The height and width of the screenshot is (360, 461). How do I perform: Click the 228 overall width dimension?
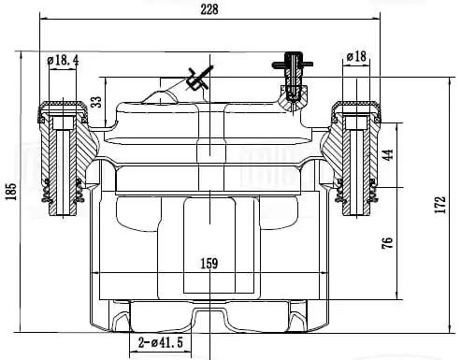coord(209,9)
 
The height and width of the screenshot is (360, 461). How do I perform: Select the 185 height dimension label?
coord(11,192)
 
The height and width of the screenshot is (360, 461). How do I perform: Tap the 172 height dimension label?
coord(440,205)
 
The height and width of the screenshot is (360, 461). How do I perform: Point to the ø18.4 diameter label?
coord(63,60)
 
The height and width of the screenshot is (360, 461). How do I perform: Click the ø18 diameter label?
coord(356,56)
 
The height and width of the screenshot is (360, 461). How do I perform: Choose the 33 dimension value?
coord(97,102)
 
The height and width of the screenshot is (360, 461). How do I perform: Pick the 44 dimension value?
coord(387,155)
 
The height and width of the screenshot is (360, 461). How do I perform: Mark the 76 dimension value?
coord(387,243)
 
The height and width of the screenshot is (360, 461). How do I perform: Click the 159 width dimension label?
coord(209,264)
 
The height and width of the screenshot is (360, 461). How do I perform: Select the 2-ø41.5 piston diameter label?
coord(160,343)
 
